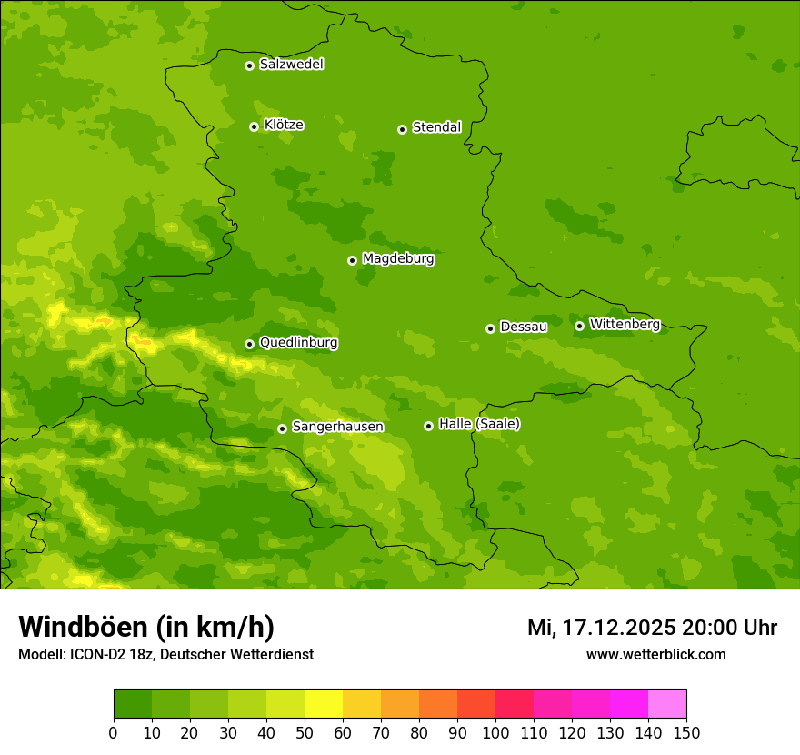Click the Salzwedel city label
[x=291, y=65]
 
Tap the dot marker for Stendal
[x=402, y=129]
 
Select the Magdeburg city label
[x=398, y=259]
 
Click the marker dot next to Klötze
[x=254, y=126]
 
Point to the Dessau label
[x=524, y=327]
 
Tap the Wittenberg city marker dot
[x=579, y=326]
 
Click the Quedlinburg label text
[x=298, y=343]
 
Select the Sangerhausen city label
[x=337, y=427]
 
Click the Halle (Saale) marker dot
[x=428, y=426]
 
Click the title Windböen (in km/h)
[x=146, y=627]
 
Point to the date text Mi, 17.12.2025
[x=601, y=628]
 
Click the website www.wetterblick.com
[x=655, y=654]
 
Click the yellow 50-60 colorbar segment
[x=324, y=704]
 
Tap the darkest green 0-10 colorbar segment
[x=133, y=704]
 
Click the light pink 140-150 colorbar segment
[x=667, y=704]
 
